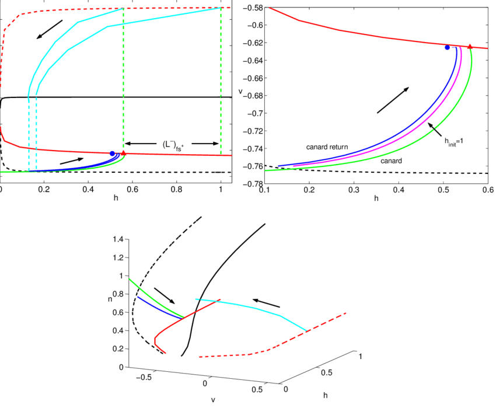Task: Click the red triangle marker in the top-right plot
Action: [470, 46]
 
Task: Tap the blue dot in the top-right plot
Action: [447, 47]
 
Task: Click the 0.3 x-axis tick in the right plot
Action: [354, 190]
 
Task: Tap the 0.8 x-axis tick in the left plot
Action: [177, 190]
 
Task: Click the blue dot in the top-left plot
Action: [112, 154]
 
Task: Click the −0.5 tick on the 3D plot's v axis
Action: [142, 378]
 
